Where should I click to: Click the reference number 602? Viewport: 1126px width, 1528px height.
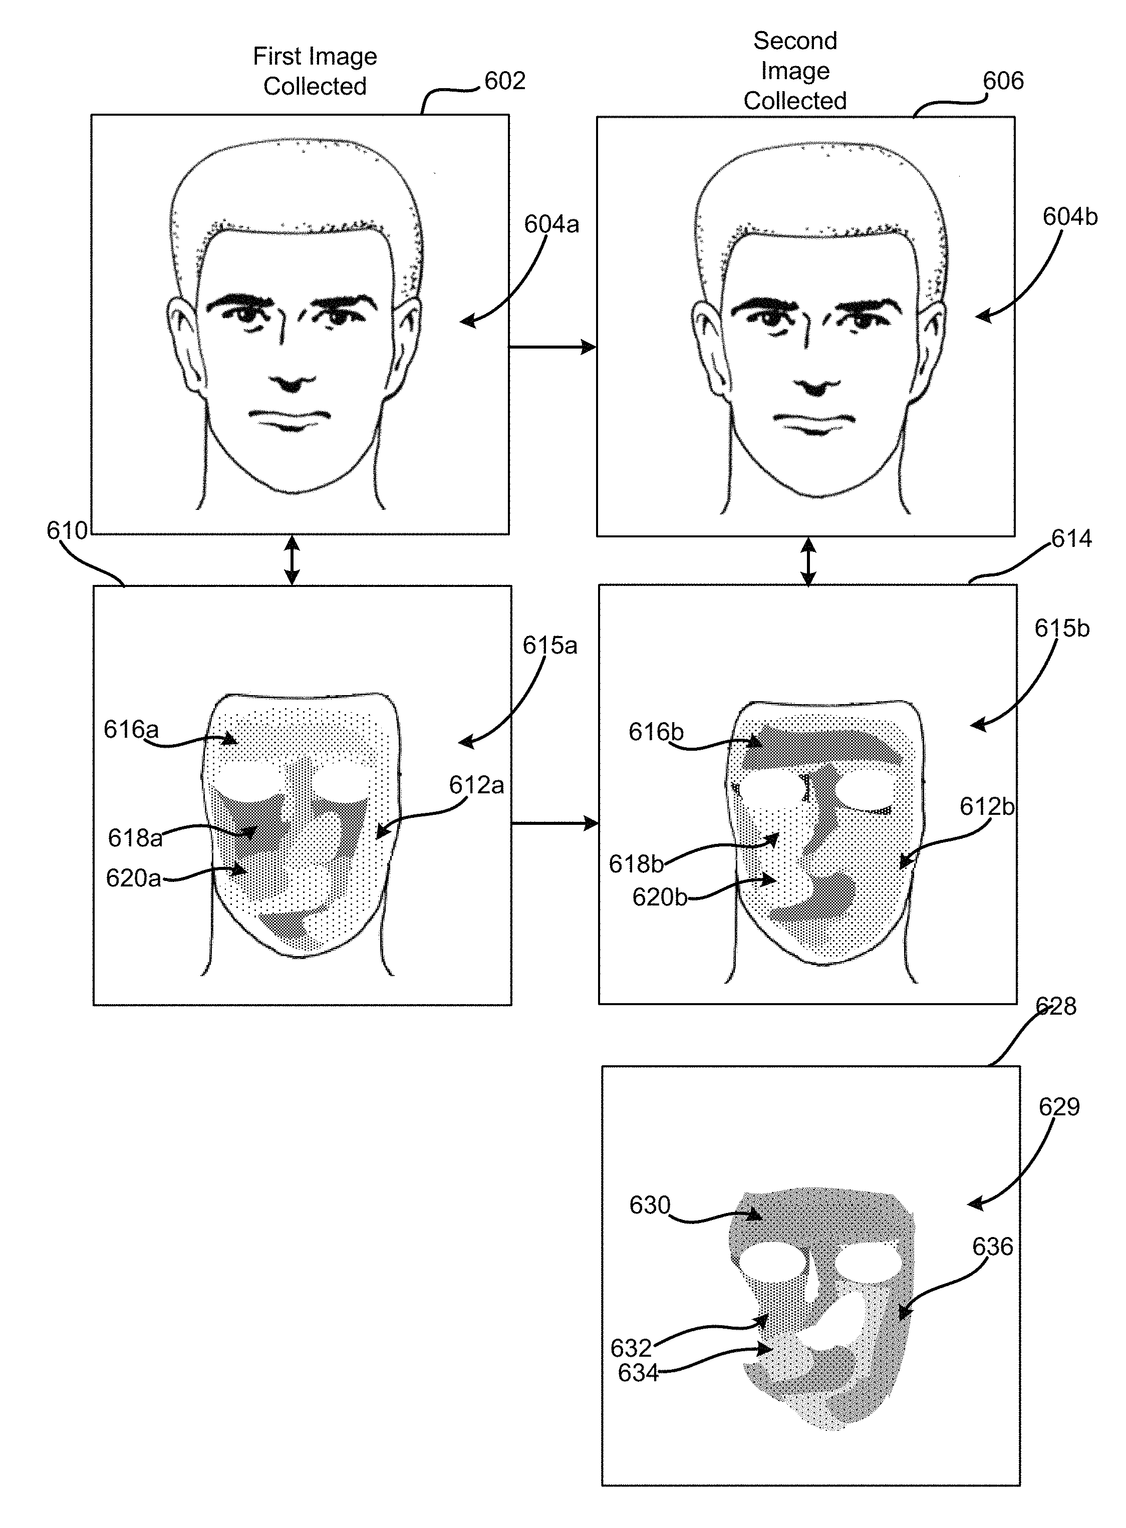click(504, 81)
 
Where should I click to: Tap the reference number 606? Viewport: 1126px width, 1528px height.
click(1003, 81)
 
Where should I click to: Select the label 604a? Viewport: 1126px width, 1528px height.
click(551, 224)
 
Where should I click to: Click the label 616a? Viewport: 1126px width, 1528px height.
click(131, 730)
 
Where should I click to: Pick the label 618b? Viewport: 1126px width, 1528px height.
click(635, 864)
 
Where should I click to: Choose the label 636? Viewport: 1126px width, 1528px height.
click(992, 1247)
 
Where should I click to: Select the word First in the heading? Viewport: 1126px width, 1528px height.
click(276, 57)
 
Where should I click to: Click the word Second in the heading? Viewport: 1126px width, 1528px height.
click(795, 42)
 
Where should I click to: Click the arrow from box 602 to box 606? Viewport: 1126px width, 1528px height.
click(552, 348)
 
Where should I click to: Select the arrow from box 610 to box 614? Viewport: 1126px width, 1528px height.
click(554, 824)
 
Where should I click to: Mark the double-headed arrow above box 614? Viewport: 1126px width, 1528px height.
click(808, 561)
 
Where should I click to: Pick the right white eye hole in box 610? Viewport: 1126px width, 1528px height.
click(340, 782)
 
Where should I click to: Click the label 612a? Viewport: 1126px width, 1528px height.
click(476, 786)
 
